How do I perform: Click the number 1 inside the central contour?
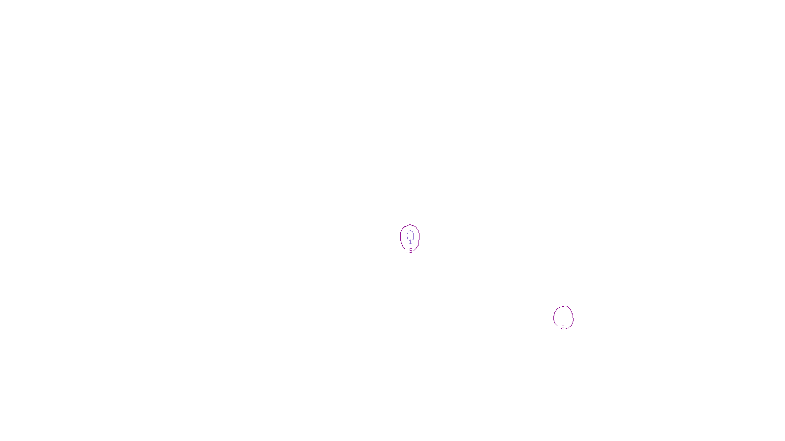410,242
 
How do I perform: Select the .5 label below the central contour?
411,251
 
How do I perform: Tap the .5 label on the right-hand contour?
563,327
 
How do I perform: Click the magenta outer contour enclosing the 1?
401,238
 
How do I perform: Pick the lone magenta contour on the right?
554,317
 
